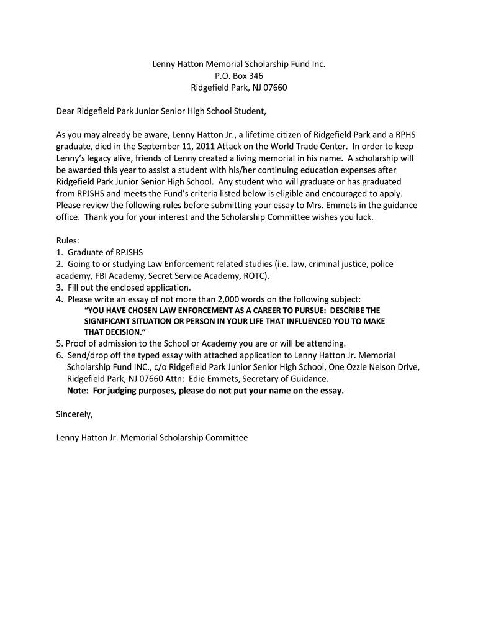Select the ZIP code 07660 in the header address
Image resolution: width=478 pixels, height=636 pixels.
coord(274,88)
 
